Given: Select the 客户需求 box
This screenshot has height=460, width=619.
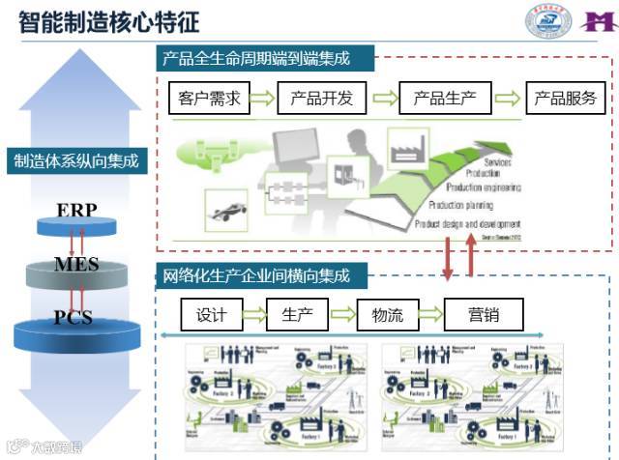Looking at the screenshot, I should [x=210, y=98].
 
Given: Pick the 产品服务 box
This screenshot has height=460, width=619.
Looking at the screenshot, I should [x=566, y=98].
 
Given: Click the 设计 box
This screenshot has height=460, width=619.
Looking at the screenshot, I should [x=210, y=314].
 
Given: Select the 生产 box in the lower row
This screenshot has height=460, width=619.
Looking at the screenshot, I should [x=297, y=314].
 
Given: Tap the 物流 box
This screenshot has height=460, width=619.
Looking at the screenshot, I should [x=387, y=314].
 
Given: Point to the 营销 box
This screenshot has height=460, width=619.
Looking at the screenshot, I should [x=484, y=314].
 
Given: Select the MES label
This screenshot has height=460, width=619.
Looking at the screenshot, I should [x=76, y=264].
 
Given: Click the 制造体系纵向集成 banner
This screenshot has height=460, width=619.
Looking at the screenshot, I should [x=77, y=161].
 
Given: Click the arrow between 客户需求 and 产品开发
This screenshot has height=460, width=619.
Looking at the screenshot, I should [x=263, y=98].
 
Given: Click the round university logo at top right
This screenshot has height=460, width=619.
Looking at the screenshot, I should [x=548, y=21].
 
